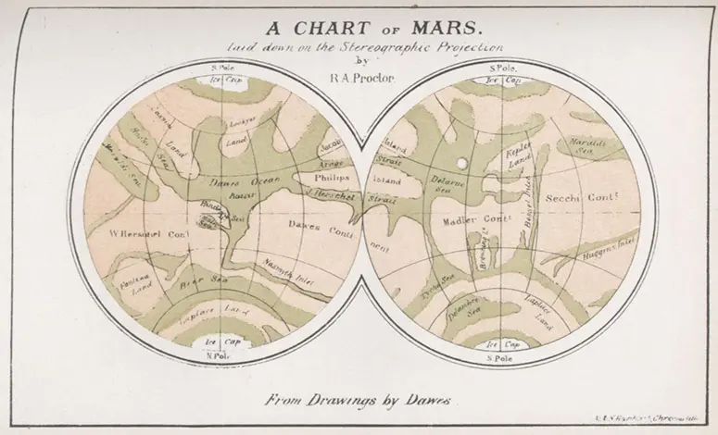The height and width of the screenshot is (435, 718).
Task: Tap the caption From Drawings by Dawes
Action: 358,401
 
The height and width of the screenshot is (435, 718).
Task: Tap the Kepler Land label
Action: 515,155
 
